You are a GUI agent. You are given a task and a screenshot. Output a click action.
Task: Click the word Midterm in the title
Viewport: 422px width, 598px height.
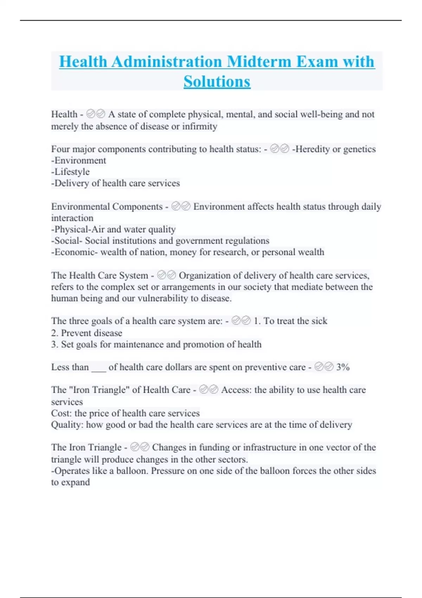coord(259,62)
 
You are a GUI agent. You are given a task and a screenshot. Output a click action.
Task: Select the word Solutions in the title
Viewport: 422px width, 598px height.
coord(217,82)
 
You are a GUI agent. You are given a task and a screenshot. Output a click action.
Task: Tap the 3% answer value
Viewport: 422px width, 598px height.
coord(343,367)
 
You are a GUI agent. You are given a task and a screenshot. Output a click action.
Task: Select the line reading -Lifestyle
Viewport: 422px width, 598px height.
coord(70,172)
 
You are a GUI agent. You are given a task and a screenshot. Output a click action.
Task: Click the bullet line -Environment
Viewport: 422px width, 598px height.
coord(78,161)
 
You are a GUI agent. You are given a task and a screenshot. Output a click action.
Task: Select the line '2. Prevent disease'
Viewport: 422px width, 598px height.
coord(87,333)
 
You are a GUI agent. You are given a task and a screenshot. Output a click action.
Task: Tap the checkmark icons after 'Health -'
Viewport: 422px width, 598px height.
coord(96,114)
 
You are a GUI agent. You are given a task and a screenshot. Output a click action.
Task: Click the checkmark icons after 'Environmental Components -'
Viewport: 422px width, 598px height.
coord(181,206)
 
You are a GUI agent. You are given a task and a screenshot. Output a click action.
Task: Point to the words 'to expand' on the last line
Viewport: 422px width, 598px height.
coord(70,482)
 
